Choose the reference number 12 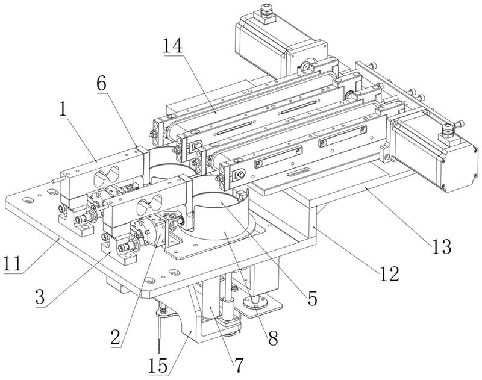pyautogui.click(x=389, y=274)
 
